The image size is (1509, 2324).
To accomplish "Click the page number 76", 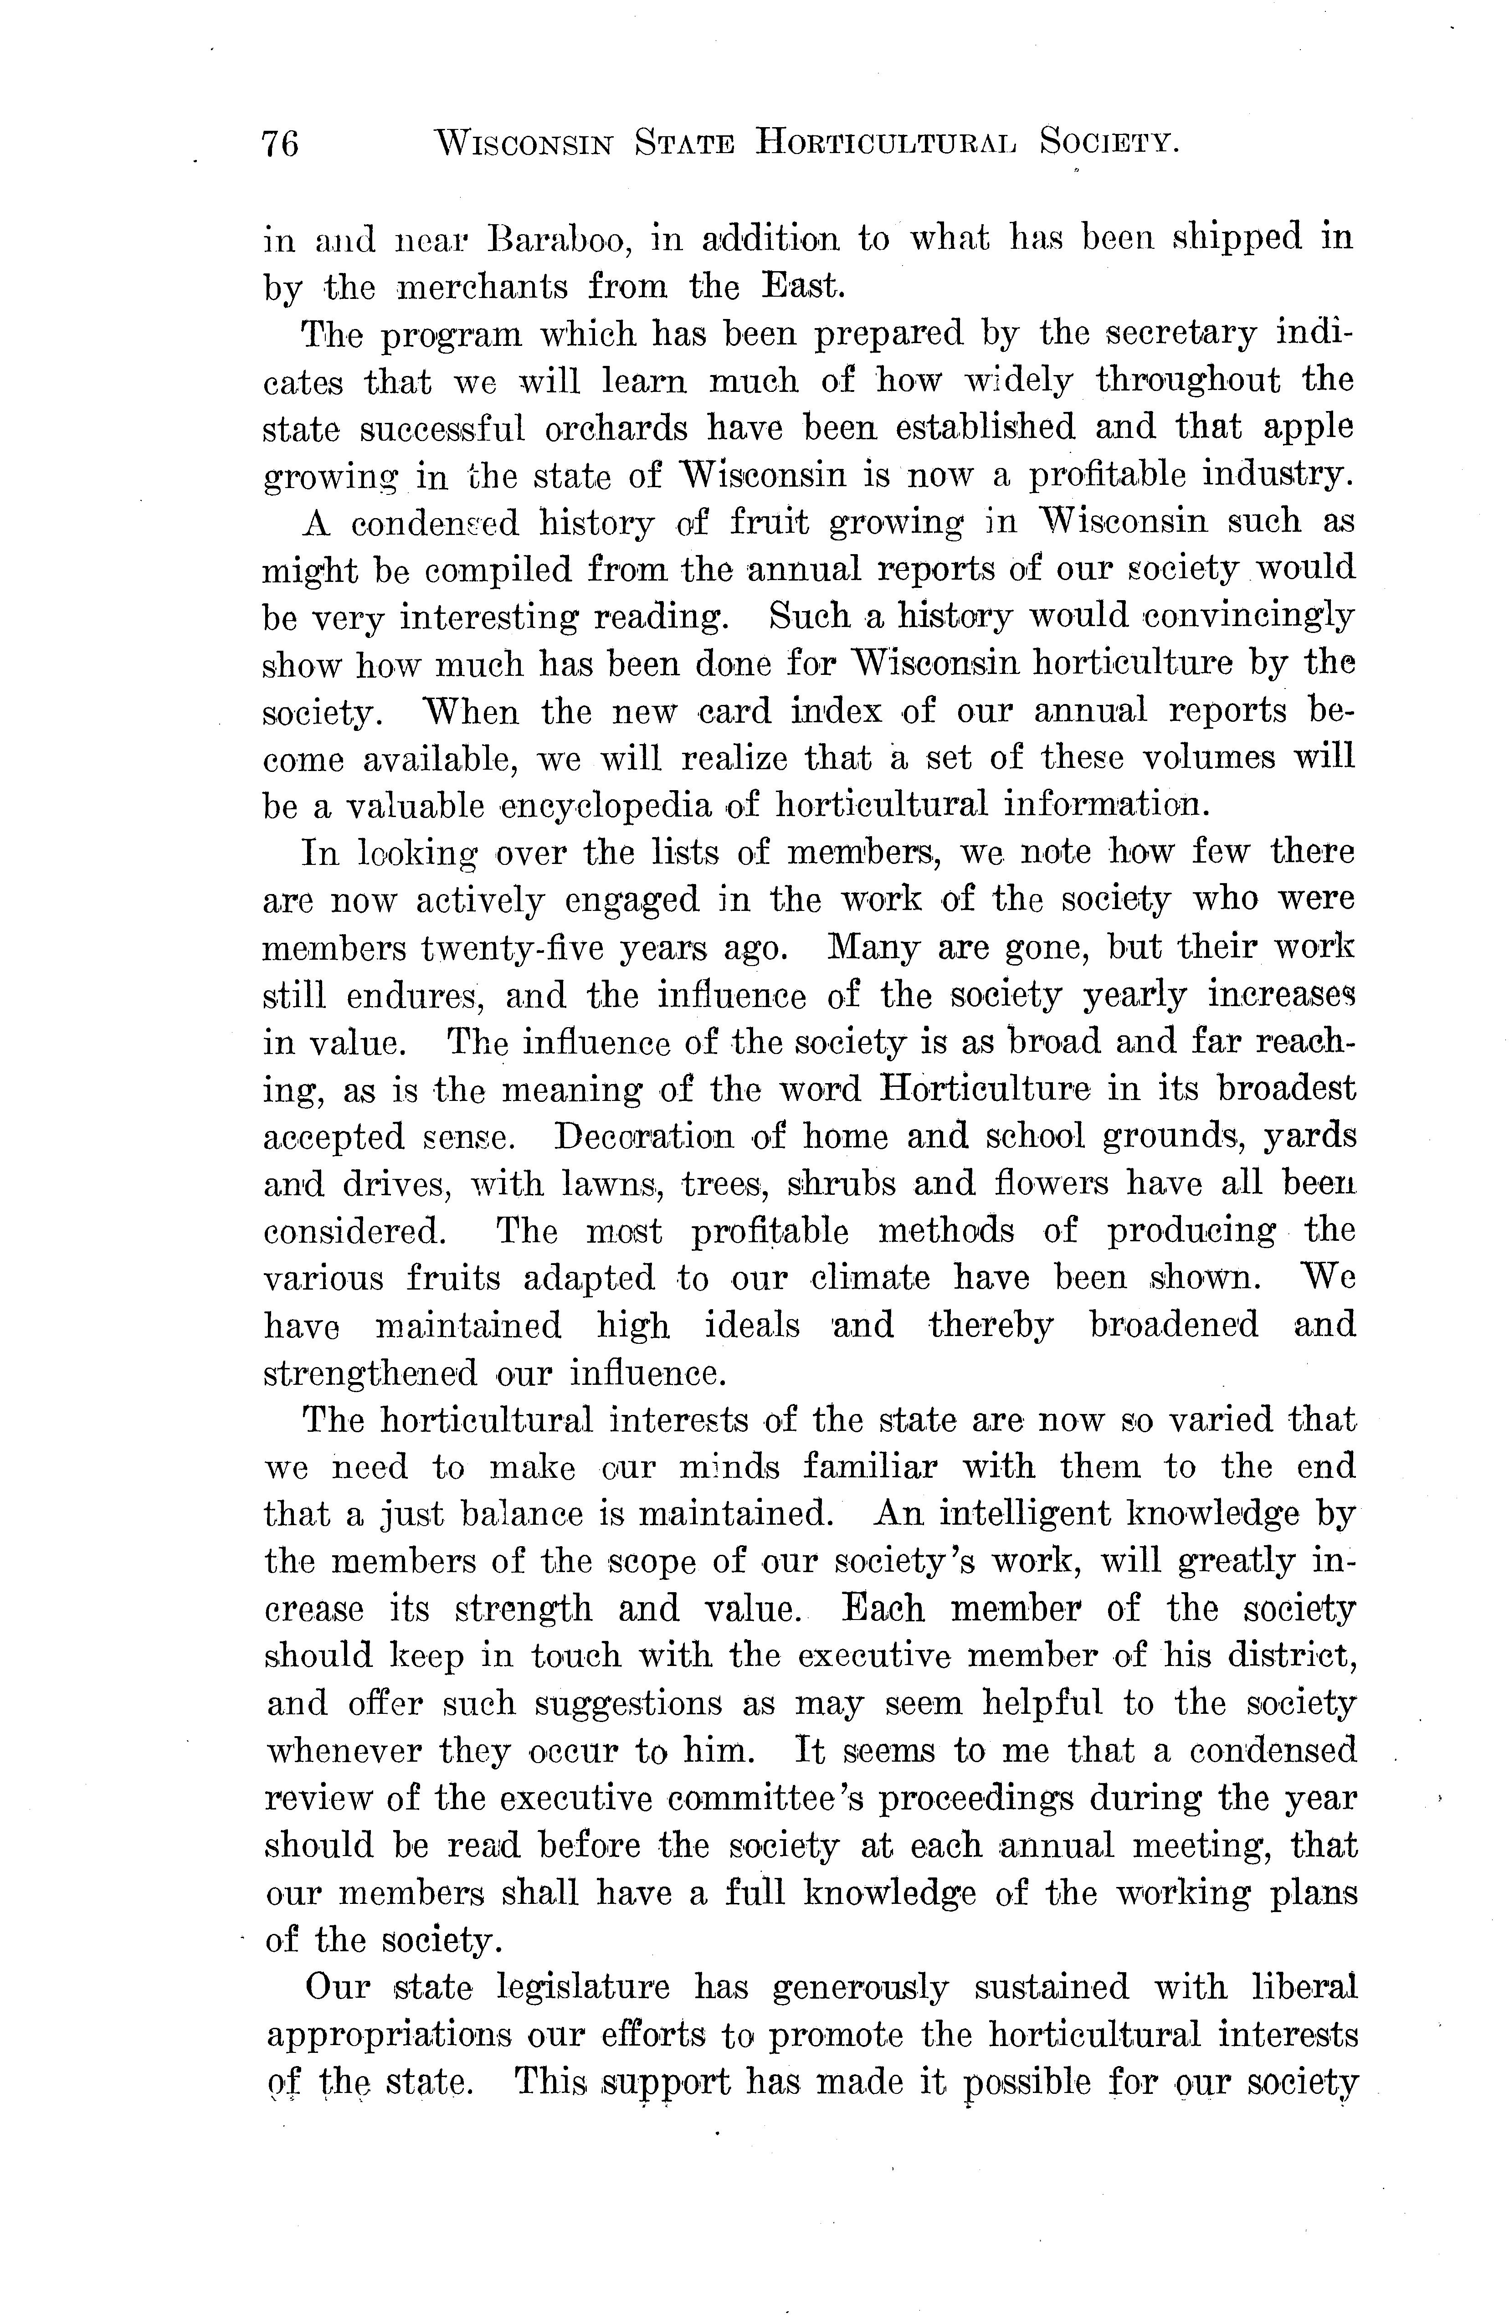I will point(280,144).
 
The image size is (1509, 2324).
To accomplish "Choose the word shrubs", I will point(842,1183).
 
